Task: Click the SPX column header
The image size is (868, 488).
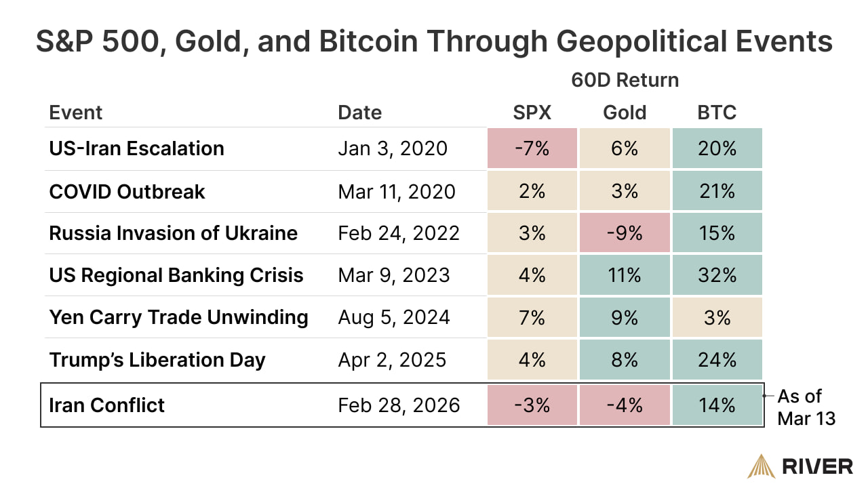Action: click(532, 113)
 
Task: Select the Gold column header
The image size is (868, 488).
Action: click(624, 113)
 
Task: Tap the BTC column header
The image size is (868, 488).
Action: click(717, 113)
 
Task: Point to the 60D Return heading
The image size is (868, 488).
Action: click(624, 80)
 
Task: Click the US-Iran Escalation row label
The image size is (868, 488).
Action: click(136, 148)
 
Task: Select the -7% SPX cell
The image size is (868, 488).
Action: click(532, 148)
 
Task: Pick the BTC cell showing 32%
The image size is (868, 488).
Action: click(717, 275)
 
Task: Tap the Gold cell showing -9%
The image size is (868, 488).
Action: click(624, 233)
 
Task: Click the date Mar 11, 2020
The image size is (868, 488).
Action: click(397, 191)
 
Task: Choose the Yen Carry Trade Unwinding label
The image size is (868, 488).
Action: click(178, 317)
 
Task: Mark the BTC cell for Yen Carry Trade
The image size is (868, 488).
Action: click(717, 317)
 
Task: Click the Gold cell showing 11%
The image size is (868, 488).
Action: click(624, 275)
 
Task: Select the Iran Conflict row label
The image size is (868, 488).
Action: click(106, 405)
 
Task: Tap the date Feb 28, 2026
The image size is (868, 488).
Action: click(399, 405)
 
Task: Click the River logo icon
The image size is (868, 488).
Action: click(762, 466)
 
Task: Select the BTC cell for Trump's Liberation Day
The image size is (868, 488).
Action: click(717, 359)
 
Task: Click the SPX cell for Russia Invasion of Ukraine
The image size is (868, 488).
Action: click(532, 233)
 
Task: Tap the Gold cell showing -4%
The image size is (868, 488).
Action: click(624, 405)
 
